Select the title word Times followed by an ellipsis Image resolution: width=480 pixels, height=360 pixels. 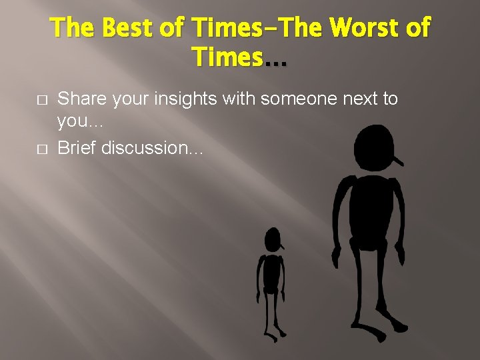[x=226, y=58]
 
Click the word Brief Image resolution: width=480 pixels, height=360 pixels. [x=77, y=147]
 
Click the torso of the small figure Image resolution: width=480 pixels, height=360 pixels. [x=271, y=273]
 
